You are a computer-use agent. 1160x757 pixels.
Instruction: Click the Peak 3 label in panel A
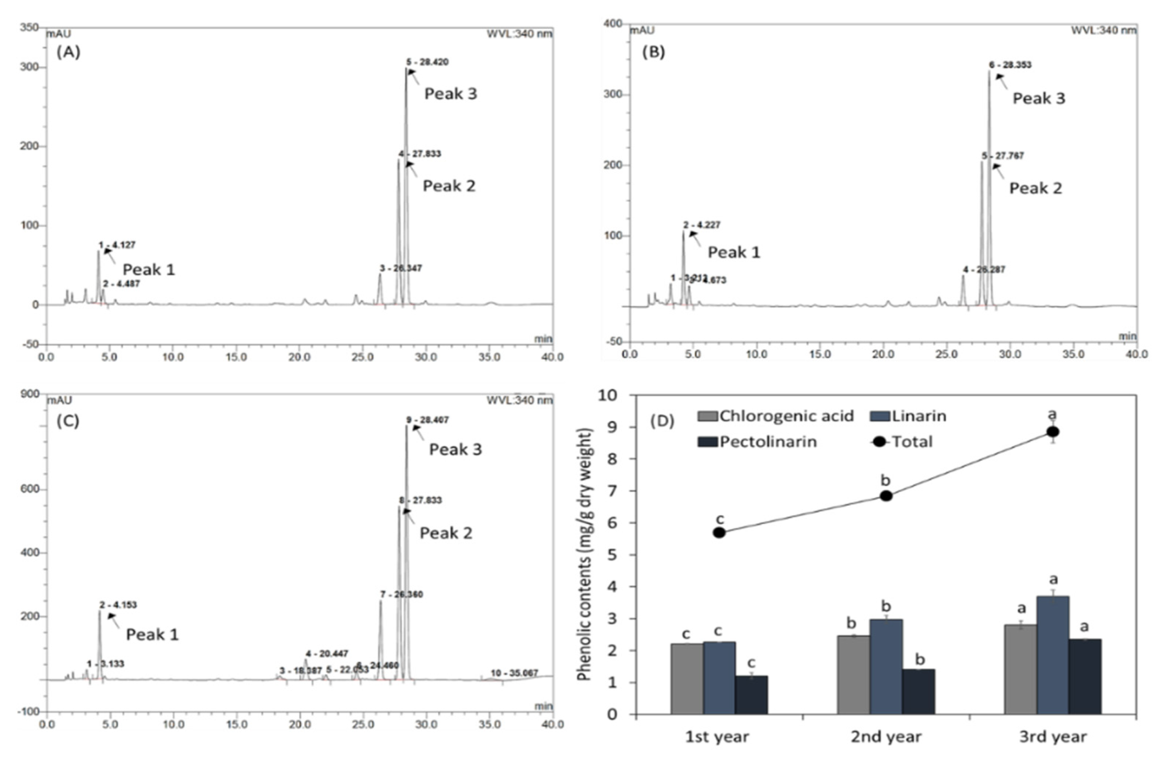point(450,94)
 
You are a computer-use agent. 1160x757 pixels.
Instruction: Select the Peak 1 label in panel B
point(734,253)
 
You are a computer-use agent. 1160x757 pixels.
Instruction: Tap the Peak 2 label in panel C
point(446,533)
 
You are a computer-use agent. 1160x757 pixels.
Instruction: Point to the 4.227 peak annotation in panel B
point(701,225)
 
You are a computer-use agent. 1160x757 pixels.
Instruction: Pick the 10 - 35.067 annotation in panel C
point(514,673)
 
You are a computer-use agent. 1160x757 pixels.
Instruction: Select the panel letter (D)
point(662,421)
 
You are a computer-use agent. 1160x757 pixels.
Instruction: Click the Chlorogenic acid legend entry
point(775,416)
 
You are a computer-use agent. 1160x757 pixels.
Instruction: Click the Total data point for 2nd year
point(886,495)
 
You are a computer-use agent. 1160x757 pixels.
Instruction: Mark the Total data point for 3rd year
point(1052,432)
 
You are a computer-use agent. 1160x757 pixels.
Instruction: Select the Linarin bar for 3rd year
point(1052,655)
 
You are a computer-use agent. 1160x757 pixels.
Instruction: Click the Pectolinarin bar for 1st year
point(751,694)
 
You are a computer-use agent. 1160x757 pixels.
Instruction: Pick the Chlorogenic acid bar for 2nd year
point(853,675)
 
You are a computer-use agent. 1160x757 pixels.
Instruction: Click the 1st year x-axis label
point(717,737)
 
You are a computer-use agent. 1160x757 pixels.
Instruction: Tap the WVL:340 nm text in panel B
point(1103,30)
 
